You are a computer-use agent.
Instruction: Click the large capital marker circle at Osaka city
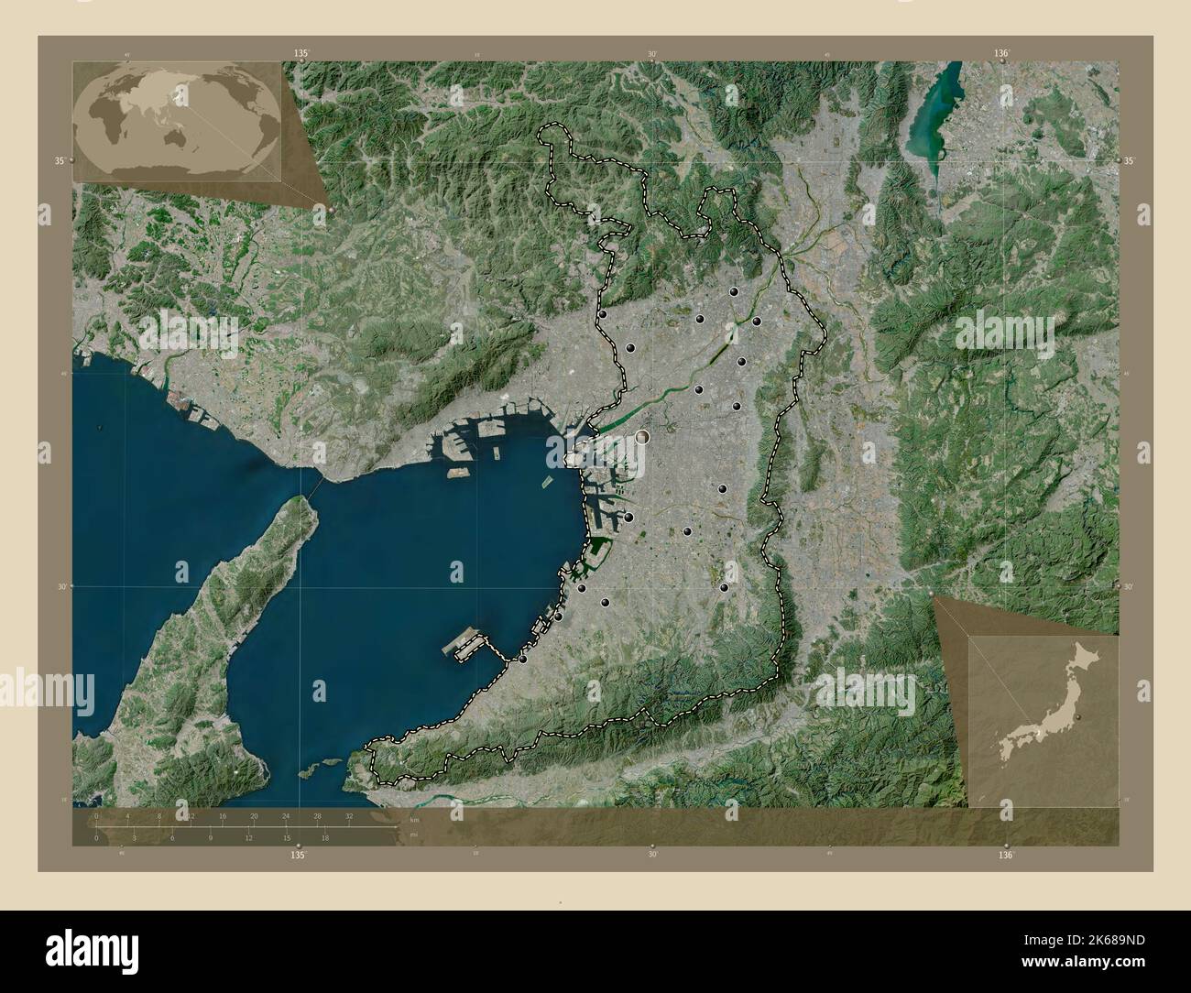[644, 438]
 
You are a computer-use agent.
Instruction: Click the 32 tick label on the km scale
[349, 815]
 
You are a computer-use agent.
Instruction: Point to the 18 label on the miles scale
[324, 837]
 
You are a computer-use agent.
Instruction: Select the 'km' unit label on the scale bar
[414, 819]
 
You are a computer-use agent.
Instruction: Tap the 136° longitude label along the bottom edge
[1006, 855]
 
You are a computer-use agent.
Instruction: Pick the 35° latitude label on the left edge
[60, 160]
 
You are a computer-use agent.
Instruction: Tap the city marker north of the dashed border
[732, 90]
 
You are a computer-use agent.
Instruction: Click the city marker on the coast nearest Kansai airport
[523, 658]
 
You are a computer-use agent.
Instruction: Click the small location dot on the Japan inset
[1078, 716]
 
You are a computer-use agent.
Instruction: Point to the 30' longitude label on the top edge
[652, 54]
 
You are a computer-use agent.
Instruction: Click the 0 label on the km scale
[96, 815]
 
